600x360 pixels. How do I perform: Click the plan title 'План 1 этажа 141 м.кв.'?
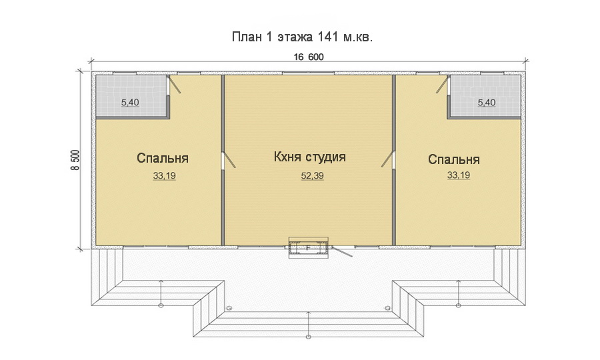pyautogui.click(x=301, y=37)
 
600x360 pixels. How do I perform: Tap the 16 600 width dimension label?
pyautogui.click(x=309, y=57)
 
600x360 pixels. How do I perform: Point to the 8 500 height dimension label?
pyautogui.click(x=75, y=160)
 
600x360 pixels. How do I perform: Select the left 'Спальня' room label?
pyautogui.click(x=163, y=159)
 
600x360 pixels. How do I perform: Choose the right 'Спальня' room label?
pyautogui.click(x=454, y=160)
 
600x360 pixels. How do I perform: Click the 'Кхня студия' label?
pyautogui.click(x=309, y=157)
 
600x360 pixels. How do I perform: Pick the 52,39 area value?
pyautogui.click(x=309, y=176)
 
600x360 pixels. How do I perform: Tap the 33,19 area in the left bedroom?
pyautogui.click(x=163, y=176)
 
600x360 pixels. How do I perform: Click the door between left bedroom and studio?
pyautogui.click(x=227, y=160)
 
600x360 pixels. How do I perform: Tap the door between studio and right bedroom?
pyautogui.click(x=389, y=160)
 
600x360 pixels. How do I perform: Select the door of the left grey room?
pyautogui.click(x=175, y=85)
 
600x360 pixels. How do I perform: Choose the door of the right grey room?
pyautogui.click(x=442, y=85)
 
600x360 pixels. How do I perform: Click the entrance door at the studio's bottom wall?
pyautogui.click(x=343, y=251)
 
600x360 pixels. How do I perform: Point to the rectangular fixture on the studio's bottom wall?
pyautogui.click(x=308, y=248)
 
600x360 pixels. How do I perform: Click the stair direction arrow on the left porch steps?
pyautogui.click(x=161, y=293)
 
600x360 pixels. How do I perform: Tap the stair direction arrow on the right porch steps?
pyautogui.click(x=458, y=293)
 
